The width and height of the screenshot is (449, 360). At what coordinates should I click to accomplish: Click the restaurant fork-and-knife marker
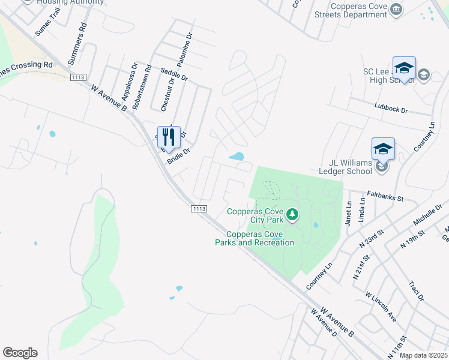coord(169,137)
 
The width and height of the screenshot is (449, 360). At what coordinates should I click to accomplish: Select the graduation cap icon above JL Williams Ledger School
coord(383,148)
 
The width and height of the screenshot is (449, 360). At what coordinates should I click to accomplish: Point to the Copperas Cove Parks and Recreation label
coord(255,238)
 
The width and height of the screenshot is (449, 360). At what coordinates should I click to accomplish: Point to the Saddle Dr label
coord(175,74)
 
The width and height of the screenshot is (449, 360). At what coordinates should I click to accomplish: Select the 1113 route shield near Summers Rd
coord(78,77)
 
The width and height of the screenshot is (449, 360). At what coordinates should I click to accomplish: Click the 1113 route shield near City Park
coord(200,208)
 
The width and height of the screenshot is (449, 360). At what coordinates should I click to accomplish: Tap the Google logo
coord(20,353)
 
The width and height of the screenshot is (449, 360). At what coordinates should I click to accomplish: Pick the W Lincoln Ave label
coord(381,306)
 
